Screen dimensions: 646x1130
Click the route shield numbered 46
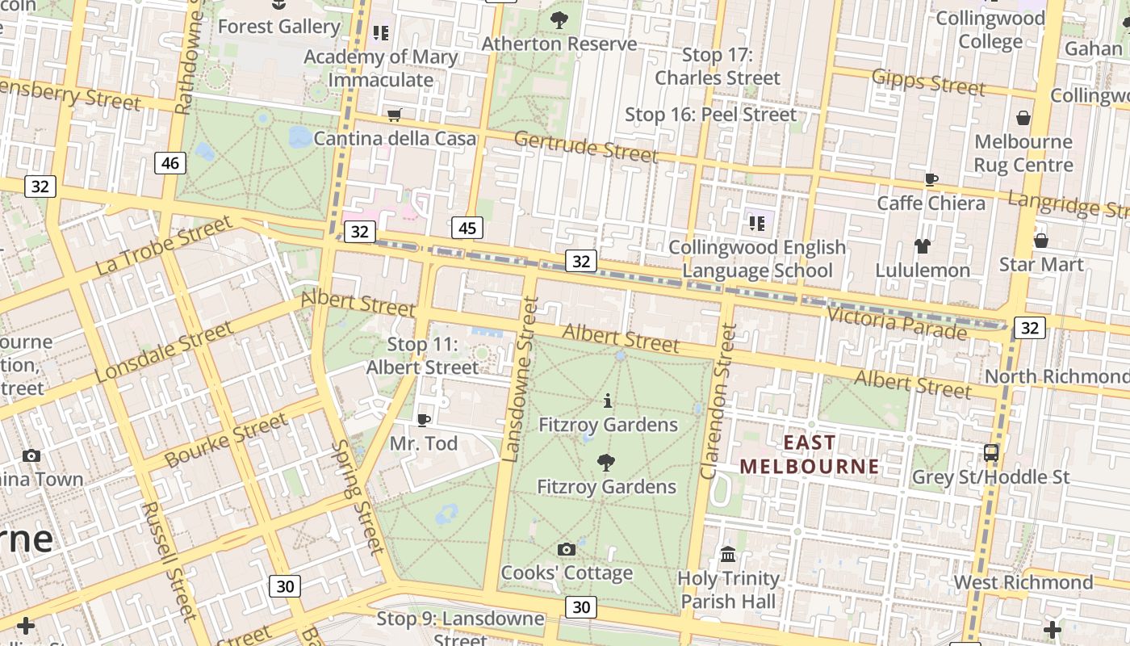170,163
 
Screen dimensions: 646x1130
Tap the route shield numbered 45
467,229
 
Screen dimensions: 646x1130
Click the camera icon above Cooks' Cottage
567,550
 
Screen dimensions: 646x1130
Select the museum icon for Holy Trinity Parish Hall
728,555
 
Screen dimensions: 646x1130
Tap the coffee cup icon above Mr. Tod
424,420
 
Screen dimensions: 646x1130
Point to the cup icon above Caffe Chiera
931,179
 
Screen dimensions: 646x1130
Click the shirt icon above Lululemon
923,246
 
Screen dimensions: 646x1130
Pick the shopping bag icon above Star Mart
1041,241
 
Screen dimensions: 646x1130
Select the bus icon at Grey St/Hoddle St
991,453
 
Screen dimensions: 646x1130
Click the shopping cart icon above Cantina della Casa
395,115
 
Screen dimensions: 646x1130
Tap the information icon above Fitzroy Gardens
608,401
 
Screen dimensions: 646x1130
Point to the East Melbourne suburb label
810,455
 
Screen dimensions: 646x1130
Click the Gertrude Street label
586,146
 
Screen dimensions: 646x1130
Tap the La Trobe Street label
164,245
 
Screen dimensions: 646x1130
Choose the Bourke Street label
226,440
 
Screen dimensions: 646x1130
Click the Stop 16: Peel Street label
711,115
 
